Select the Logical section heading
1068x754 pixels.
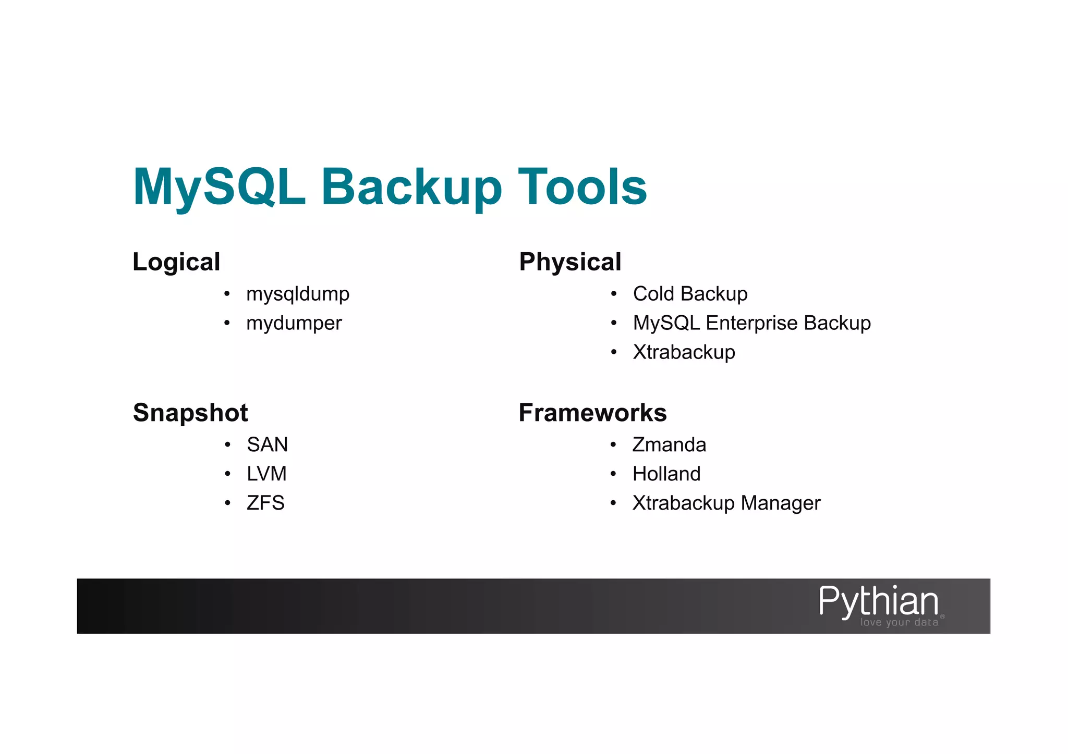176,262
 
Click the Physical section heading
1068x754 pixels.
570,262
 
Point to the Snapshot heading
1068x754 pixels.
190,413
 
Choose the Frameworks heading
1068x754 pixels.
592,413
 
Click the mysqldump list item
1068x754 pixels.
298,294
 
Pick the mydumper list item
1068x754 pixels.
294,324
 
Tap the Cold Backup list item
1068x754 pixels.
690,294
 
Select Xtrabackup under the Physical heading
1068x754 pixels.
684,352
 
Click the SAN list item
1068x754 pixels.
267,445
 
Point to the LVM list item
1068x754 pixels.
266,474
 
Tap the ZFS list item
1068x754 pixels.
265,503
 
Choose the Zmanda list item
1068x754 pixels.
669,445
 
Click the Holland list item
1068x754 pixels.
666,474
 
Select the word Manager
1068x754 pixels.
780,503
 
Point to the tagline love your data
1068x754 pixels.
899,622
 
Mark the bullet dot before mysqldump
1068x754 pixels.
227,294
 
